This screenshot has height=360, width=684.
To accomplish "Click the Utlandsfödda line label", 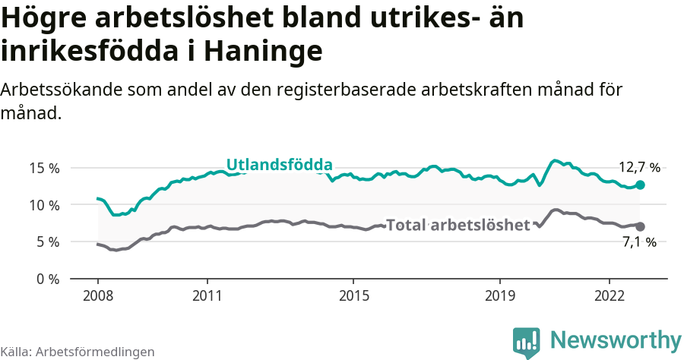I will click(279, 165).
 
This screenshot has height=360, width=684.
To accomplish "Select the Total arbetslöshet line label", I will click(458, 225).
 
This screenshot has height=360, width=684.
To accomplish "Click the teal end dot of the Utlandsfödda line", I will click(641, 185).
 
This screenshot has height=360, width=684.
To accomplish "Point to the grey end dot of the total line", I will click(641, 226).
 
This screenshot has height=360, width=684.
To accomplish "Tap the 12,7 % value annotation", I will click(638, 168).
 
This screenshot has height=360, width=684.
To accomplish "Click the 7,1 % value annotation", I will click(638, 242).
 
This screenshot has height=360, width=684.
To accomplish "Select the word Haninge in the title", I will click(263, 51).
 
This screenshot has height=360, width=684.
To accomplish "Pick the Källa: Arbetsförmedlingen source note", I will click(78, 352).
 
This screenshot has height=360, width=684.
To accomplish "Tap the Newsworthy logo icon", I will click(527, 343).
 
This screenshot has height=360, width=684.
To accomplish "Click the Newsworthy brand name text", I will click(616, 339).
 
